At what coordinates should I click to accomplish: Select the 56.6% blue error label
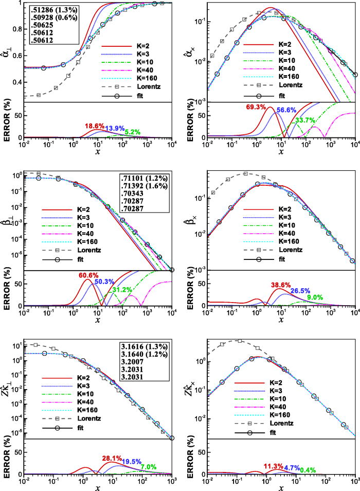coord(287,110)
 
